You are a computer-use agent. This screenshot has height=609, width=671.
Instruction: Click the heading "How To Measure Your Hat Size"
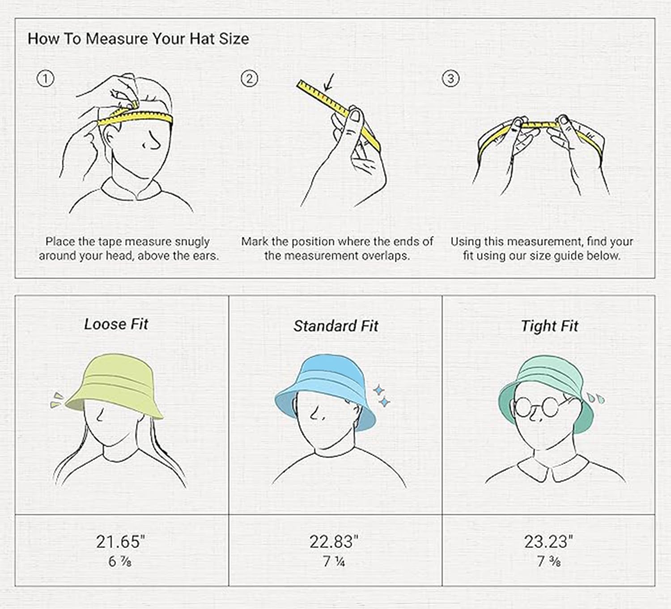click(x=138, y=39)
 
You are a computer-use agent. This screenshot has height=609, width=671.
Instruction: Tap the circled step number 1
click(x=45, y=79)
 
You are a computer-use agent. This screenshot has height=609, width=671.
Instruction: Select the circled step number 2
click(x=249, y=79)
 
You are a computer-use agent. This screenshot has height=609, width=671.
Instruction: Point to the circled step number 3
click(x=450, y=79)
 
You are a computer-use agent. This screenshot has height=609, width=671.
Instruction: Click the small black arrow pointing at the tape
click(x=329, y=83)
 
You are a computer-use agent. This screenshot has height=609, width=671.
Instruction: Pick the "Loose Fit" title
click(x=116, y=324)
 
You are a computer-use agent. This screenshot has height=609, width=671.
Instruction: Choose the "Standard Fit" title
click(x=336, y=326)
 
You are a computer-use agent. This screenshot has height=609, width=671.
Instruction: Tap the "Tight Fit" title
click(x=549, y=326)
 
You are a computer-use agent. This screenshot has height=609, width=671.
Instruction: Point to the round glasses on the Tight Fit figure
click(x=536, y=407)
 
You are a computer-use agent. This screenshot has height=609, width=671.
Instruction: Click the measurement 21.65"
click(x=120, y=541)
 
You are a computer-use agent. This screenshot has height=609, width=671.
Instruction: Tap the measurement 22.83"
click(x=334, y=541)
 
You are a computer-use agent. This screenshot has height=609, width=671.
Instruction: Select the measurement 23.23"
click(x=548, y=541)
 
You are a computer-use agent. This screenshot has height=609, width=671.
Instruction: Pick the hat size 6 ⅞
click(x=120, y=561)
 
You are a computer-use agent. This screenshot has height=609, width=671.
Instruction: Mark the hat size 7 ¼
click(x=334, y=561)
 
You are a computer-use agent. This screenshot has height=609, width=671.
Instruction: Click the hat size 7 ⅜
click(x=548, y=561)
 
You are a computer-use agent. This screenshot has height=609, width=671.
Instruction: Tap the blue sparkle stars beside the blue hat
click(x=381, y=396)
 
